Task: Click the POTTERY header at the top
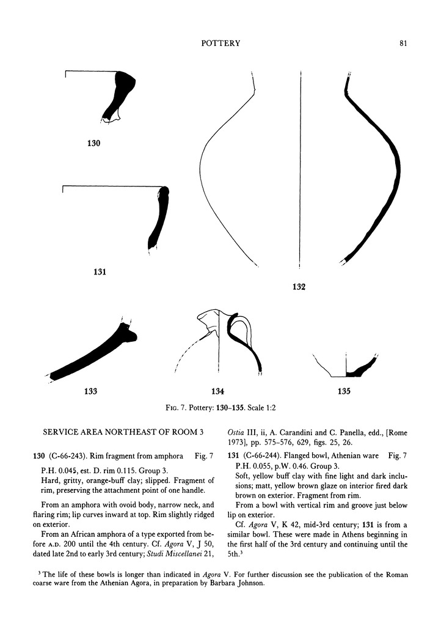pyautogui.click(x=220, y=43)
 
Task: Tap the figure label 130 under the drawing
pyautogui.click(x=93, y=144)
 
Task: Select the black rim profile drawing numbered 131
pyautogui.click(x=159, y=220)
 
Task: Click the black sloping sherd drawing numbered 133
pyautogui.click(x=92, y=357)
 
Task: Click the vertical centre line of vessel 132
pyautogui.click(x=301, y=171)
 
